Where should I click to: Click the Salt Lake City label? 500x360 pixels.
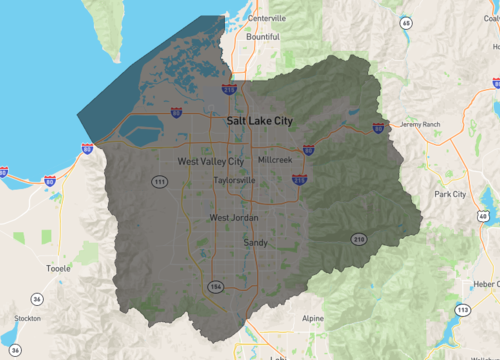click(260, 120)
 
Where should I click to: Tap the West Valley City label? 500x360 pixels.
click(210, 161)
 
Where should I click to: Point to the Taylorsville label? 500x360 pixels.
click(234, 181)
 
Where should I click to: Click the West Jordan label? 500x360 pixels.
click(232, 217)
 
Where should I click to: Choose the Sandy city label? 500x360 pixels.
click(255, 242)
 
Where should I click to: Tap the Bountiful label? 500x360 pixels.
click(262, 37)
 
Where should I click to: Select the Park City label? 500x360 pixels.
click(450, 194)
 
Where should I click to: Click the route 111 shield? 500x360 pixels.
click(159, 181)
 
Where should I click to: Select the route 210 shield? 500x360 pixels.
click(358, 238)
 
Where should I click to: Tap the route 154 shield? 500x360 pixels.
click(212, 286)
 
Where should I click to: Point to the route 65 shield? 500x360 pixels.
click(405, 22)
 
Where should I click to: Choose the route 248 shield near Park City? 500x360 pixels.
click(483, 216)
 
